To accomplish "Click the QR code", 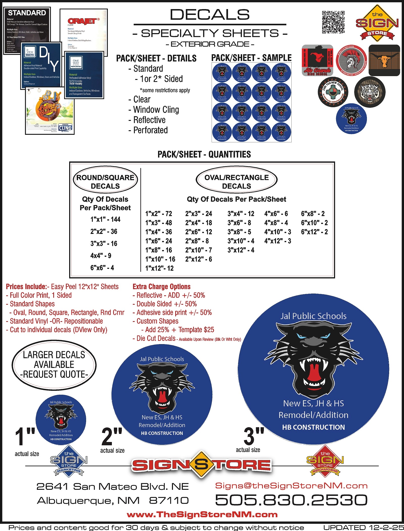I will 333,22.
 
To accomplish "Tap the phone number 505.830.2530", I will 291,500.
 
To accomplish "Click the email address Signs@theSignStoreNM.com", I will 291,485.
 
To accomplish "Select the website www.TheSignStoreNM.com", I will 202,515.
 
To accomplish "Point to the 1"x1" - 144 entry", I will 105,219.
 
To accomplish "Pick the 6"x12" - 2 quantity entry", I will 314,232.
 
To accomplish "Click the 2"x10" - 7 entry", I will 198,250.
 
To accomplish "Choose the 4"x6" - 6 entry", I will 276,214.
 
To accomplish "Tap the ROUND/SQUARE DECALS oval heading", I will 105,180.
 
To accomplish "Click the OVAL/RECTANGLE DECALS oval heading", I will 237,180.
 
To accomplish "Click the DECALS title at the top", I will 210,15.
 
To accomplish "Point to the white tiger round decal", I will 370,92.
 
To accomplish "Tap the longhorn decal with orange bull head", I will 384,60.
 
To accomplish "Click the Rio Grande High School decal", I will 317,60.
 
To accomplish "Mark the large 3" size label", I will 254,436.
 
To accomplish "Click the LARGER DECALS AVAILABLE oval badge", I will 54,365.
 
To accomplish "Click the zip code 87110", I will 169,500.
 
